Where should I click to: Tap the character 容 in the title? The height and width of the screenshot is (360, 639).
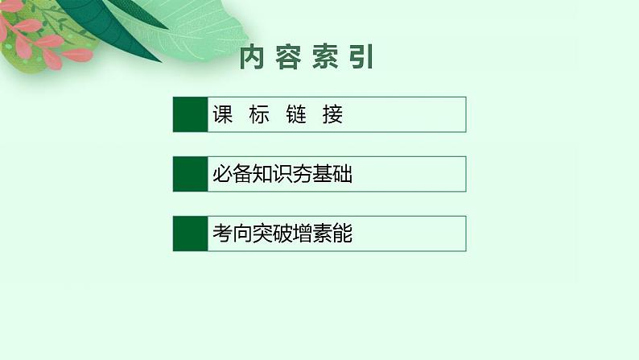tap(288, 59)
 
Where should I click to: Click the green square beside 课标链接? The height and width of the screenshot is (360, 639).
tap(190, 114)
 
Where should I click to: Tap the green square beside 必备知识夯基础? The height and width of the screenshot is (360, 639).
tap(190, 174)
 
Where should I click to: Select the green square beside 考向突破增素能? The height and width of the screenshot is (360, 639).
tap(190, 234)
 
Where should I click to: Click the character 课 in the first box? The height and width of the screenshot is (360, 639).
tap(222, 114)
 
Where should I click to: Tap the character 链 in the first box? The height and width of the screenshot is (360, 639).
tap(296, 114)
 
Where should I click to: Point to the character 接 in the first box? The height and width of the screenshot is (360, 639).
tap(333, 114)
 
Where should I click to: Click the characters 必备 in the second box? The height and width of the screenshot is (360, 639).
tap(232, 175)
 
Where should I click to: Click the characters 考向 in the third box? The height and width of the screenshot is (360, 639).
tap(232, 234)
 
